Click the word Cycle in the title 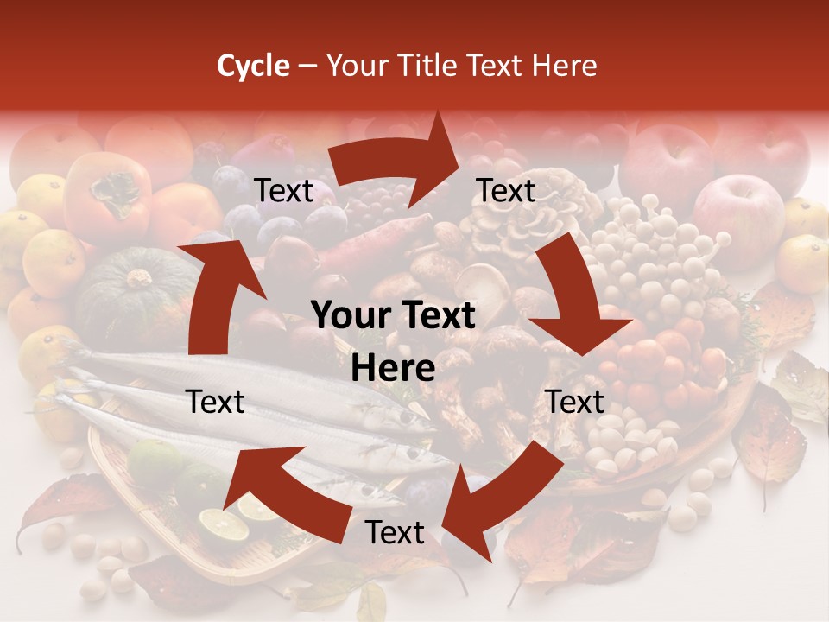(x=252, y=66)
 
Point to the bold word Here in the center (x=393, y=369)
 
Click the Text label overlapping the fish (x=216, y=402)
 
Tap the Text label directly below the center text (x=395, y=533)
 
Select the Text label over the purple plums (x=284, y=191)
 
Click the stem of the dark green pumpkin (x=138, y=279)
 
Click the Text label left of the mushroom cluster (x=506, y=191)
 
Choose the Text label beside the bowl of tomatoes (x=574, y=402)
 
